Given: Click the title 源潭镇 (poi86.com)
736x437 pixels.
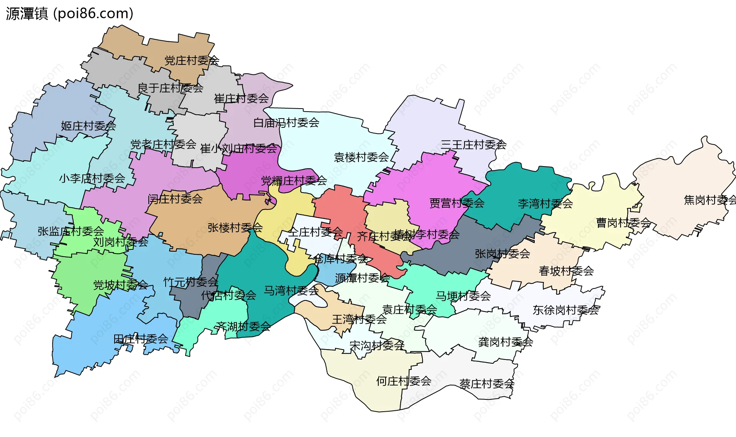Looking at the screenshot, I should point(69,14).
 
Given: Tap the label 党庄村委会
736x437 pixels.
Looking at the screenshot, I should point(192,61).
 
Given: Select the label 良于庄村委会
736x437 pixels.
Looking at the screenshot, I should point(170,88).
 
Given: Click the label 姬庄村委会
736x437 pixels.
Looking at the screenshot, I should point(88,126).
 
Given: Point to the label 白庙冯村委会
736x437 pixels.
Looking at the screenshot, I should point(286,123).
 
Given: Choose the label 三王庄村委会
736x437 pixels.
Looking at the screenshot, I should point(473,145).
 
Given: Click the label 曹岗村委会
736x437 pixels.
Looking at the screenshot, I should point(623,223).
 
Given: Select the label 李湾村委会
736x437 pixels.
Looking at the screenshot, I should point(545,204).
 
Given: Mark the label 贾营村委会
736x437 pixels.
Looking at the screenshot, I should point(457,203).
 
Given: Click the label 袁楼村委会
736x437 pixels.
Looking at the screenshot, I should point(361,157).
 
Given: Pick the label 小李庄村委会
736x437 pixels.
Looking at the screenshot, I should point(92,178).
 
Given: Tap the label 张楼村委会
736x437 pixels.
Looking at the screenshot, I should point(235,228).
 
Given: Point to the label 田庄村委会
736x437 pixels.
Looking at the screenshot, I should point(141,339).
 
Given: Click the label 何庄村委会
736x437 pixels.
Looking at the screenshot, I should point(404,381).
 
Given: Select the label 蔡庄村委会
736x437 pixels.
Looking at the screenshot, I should point(486,384).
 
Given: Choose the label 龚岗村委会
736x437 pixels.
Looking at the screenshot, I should point(505,342).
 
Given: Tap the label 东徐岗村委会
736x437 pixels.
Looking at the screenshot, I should point(565,310).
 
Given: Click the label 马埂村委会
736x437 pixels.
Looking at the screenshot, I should point(463,296).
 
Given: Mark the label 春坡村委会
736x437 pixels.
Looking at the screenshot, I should point(566,271).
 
